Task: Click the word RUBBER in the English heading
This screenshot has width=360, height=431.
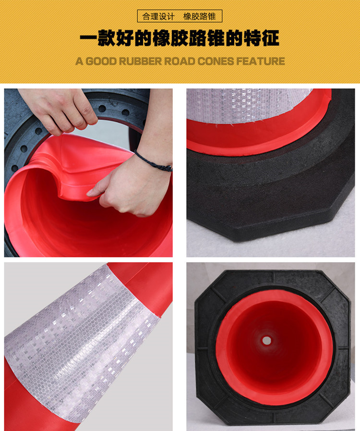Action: click(x=140, y=61)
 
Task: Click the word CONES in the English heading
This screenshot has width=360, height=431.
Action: click(x=216, y=61)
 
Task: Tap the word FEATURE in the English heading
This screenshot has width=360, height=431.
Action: click(x=260, y=61)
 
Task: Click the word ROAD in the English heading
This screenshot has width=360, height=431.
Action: click(x=180, y=61)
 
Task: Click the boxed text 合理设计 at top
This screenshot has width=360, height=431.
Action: click(x=158, y=16)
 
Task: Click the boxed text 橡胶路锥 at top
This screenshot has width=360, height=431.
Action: click(x=199, y=16)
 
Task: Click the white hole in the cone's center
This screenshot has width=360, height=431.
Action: click(x=266, y=341)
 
